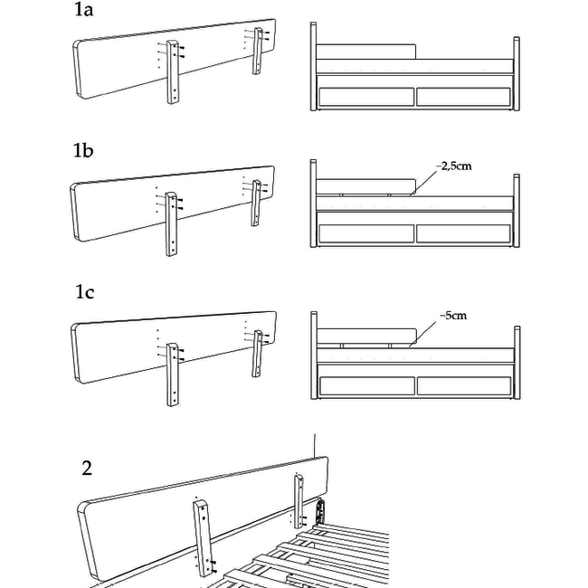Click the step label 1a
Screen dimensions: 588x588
point(84,11)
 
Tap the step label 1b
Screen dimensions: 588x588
point(84,151)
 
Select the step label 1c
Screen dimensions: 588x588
point(84,292)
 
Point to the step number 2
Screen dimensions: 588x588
point(87,468)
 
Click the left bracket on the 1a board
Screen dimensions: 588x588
point(173,72)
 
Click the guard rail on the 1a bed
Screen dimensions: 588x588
point(366,51)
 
